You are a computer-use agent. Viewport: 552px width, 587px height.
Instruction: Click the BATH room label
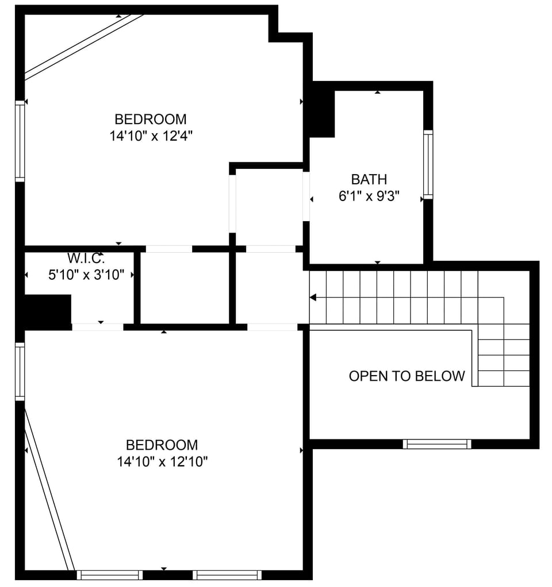click(x=369, y=179)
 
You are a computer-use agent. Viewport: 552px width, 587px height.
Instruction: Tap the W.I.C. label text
click(x=86, y=258)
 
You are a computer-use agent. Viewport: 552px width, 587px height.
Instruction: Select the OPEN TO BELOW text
click(x=407, y=376)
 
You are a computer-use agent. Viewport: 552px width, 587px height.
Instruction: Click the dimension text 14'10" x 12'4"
click(x=151, y=137)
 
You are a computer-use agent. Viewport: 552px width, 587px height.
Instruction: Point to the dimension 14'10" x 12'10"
click(x=162, y=462)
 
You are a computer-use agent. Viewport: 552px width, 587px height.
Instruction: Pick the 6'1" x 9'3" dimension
click(x=369, y=196)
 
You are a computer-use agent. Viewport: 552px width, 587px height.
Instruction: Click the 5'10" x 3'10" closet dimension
click(x=86, y=275)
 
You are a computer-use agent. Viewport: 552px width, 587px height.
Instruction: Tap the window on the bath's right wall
click(x=428, y=165)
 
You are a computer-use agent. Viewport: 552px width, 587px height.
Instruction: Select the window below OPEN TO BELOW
click(x=437, y=444)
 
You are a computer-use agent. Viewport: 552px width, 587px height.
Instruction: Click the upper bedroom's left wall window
click(x=20, y=141)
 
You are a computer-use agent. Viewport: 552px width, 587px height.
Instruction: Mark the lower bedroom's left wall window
click(x=20, y=372)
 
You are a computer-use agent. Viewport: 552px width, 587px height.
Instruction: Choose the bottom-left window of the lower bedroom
click(x=110, y=574)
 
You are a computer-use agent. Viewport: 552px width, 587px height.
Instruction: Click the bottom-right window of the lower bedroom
click(x=227, y=574)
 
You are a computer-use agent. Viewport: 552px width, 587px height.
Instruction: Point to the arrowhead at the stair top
click(x=313, y=298)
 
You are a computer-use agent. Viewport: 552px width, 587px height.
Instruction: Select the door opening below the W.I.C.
click(x=98, y=327)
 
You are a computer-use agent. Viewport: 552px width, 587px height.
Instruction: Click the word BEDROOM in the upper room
click(x=151, y=119)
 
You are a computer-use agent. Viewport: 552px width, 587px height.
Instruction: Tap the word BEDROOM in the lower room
click(x=162, y=445)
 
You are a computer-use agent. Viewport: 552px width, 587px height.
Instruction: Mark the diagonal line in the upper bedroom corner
click(x=83, y=46)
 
